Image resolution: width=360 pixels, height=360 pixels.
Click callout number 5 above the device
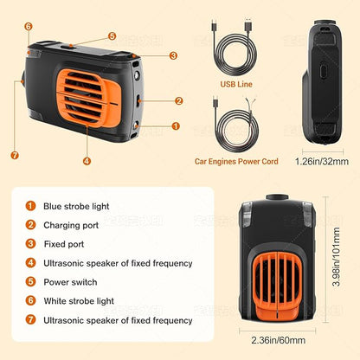tap(112, 36)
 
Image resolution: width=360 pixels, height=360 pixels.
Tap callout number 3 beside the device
tap(173, 55)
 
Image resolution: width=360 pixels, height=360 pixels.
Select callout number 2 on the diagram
tap(179, 101)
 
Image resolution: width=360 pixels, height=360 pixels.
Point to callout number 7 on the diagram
tap(15, 155)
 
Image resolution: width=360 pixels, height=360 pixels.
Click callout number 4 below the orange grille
tap(87, 161)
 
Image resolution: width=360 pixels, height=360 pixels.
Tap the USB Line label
tap(236, 84)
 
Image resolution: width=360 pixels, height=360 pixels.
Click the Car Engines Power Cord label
tap(236, 162)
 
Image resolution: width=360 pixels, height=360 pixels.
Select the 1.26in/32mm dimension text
tap(322, 161)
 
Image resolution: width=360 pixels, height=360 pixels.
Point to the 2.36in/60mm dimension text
tap(278, 340)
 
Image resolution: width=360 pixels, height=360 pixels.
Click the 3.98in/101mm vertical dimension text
tap(336, 257)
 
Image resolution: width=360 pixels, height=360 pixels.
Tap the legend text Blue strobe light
tap(76, 206)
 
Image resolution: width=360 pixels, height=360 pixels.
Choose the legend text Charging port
tap(71, 225)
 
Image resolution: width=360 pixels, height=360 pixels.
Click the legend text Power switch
tap(70, 282)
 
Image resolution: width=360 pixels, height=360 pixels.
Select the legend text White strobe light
tap(79, 301)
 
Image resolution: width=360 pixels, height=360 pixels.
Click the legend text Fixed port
tap(64, 244)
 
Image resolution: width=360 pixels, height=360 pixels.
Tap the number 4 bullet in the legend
tap(30, 263)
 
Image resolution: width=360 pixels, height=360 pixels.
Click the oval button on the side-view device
tap(323, 71)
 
